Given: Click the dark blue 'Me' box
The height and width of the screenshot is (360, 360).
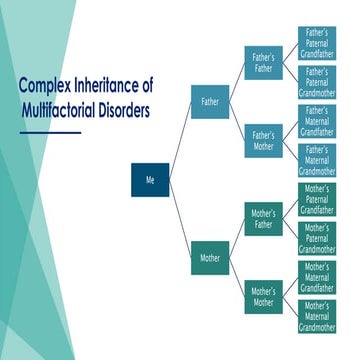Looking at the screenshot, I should point(151,180).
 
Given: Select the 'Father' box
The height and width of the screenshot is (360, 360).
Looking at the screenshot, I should point(210,102).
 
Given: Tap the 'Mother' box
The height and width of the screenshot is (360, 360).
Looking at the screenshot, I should point(210,258).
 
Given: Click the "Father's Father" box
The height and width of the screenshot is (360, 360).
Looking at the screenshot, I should point(263,63).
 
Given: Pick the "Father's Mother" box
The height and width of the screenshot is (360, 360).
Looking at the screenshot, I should point(263,140).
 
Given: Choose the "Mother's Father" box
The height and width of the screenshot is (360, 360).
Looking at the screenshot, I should point(263,219).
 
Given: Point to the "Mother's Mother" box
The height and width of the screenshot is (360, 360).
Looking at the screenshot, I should point(263,296).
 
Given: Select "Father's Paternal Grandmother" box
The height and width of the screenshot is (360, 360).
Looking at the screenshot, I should point(317,83).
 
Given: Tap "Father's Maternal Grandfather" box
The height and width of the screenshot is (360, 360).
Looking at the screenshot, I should point(317,121).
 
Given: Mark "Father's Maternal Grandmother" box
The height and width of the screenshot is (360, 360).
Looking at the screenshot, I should point(317,160).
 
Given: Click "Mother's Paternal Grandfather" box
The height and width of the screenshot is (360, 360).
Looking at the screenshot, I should point(317,199).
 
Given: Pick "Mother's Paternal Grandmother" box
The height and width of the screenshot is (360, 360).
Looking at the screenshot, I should point(317,238).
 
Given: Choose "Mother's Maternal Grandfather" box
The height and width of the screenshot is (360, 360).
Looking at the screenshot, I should point(317,277).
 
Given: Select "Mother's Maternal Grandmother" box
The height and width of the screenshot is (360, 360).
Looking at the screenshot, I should point(317,316).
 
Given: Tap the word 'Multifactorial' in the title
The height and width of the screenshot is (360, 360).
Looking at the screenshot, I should point(59,110).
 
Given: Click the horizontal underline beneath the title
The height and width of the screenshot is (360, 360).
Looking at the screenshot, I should point(50,132).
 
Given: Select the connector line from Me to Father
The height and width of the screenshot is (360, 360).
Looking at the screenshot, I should point(180,141).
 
